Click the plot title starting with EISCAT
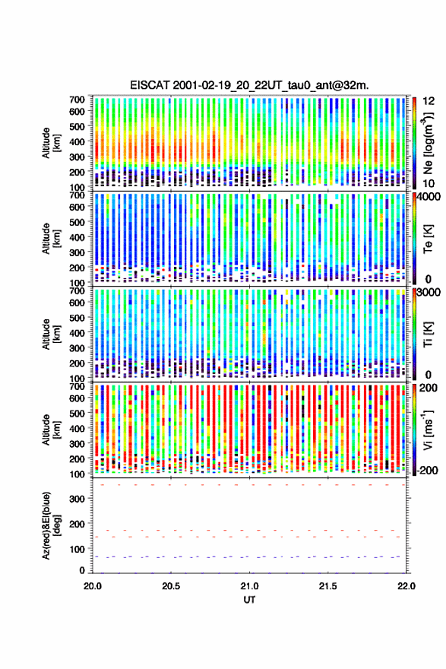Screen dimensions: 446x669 point(249,85)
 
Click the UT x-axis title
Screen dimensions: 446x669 point(249,600)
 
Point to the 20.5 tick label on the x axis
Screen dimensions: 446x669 point(170,586)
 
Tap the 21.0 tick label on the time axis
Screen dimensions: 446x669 point(249,586)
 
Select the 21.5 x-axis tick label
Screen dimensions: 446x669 point(328,586)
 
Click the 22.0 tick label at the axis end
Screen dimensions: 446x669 point(406,586)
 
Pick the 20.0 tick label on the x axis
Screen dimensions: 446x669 point(93,586)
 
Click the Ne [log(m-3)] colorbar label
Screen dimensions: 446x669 point(428,143)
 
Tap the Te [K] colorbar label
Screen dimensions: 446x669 point(428,239)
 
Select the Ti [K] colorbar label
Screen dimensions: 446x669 point(428,334)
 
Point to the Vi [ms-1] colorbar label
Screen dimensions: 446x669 point(428,430)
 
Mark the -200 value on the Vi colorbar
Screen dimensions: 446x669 point(427,470)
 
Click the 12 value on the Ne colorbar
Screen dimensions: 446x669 point(429,100)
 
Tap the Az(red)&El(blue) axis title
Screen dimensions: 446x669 point(51,526)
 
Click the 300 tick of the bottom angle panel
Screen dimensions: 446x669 point(77,499)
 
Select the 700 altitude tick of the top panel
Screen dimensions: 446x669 point(77,100)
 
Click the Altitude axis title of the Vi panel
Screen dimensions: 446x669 point(51,430)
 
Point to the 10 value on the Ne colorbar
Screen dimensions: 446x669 point(429,183)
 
